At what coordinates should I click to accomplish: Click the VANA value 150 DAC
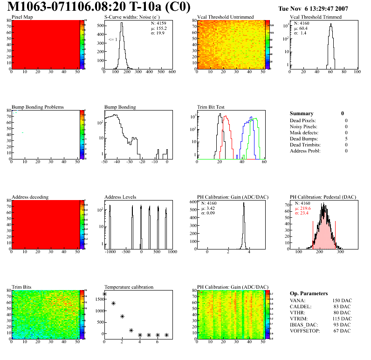pyautogui.click(x=341, y=300)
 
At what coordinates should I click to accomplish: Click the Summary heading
pyautogui.click(x=302, y=113)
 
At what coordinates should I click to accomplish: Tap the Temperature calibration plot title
pyautogui.click(x=129, y=287)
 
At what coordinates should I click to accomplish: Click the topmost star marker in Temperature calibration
pyautogui.click(x=104, y=294)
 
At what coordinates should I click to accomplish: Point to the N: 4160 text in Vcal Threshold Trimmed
pyautogui.click(x=301, y=23)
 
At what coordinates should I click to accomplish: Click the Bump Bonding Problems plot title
pyautogui.click(x=38, y=107)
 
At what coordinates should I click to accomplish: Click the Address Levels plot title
pyautogui.click(x=120, y=197)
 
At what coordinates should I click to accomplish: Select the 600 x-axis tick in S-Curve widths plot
pyautogui.click(x=172, y=72)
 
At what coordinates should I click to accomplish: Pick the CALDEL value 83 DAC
pyautogui.click(x=342, y=306)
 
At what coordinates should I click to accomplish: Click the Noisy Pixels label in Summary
pyautogui.click(x=303, y=126)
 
